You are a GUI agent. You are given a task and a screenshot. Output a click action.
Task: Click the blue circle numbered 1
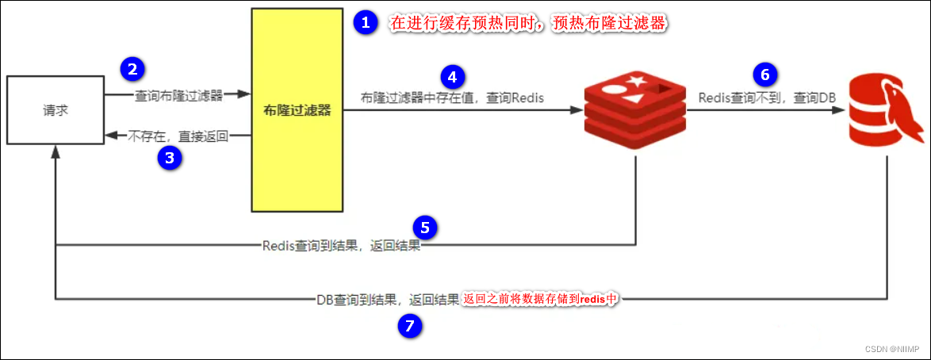[365, 23]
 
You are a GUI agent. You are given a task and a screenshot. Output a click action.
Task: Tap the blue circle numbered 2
[132, 69]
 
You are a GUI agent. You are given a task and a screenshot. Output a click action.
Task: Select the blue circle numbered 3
[169, 158]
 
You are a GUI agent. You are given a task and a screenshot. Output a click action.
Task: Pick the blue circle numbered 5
[425, 228]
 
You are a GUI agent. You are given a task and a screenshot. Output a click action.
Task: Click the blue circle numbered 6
[764, 75]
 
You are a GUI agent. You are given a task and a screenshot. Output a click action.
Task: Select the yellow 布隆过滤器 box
[297, 110]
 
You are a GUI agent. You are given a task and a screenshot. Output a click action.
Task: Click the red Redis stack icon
[634, 111]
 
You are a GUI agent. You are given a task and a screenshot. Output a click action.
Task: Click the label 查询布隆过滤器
[179, 96]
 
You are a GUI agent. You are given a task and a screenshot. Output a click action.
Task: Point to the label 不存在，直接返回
[178, 136]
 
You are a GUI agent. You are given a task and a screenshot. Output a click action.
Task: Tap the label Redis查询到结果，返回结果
[341, 246]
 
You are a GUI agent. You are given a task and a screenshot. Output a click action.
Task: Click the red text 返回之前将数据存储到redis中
[540, 300]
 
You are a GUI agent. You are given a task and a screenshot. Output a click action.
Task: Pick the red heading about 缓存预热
[527, 24]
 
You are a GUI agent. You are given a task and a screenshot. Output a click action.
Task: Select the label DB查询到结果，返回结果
[387, 301]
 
